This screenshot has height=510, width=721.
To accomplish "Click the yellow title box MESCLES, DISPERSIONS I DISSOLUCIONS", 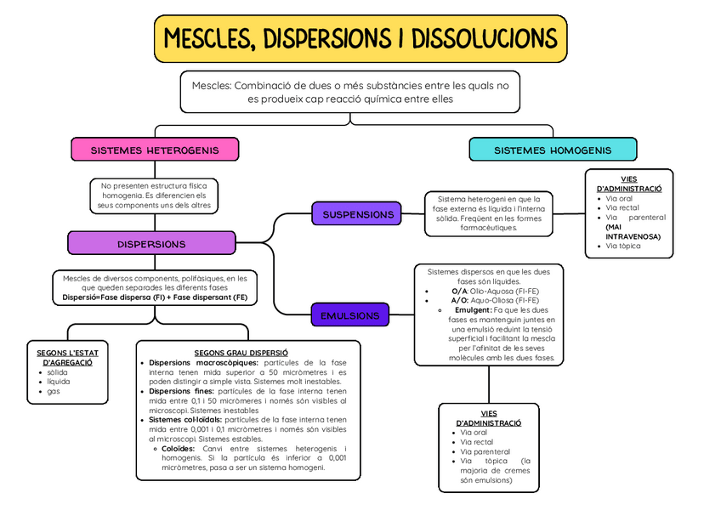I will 360,38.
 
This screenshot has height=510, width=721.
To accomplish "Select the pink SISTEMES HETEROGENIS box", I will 154,150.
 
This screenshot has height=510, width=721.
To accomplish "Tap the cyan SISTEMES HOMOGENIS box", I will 553,150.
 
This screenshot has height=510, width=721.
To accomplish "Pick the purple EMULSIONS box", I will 349,316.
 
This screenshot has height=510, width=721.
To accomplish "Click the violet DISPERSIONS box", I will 151,244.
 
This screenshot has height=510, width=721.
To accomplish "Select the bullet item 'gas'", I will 54,391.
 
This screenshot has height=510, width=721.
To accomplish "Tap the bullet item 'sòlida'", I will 57,372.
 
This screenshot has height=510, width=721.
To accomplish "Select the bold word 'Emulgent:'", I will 474,310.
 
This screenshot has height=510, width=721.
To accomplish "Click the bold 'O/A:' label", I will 460,291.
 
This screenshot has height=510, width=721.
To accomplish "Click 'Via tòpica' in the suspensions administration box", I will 623,246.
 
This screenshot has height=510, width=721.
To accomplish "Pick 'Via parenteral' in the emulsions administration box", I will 485,452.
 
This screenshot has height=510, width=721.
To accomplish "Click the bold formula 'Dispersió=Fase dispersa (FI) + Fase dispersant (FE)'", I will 155,298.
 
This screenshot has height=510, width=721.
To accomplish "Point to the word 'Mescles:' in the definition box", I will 210,85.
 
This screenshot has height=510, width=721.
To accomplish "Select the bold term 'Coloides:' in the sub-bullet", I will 178,448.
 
